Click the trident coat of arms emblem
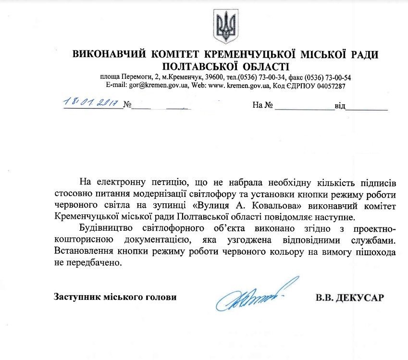(225, 27)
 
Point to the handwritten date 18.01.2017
(93, 103)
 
